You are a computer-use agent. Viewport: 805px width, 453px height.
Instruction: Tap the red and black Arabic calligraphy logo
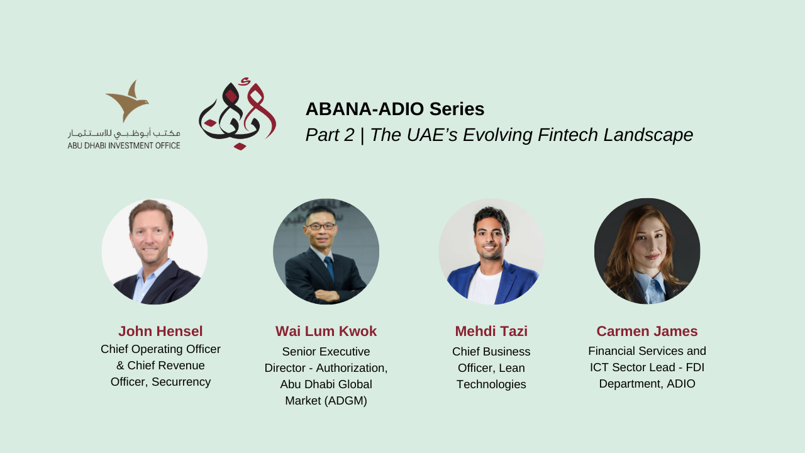click(x=238, y=114)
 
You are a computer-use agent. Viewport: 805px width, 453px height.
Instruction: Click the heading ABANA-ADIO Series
click(x=395, y=109)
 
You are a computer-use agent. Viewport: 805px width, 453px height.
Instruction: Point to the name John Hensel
click(x=160, y=331)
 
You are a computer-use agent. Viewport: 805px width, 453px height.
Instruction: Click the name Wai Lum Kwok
click(x=326, y=331)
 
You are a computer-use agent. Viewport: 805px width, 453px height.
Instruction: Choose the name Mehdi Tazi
click(x=491, y=331)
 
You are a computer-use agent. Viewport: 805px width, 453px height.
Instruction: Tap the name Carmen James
click(x=647, y=331)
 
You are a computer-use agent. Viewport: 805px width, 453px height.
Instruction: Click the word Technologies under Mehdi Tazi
click(x=491, y=384)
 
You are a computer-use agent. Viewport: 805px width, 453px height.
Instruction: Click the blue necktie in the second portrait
click(x=330, y=268)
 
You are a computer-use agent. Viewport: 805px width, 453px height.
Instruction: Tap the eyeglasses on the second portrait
click(x=321, y=226)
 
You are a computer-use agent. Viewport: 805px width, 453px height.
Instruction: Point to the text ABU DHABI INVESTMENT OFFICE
click(x=124, y=145)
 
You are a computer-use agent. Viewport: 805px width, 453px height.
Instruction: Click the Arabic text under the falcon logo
click(x=124, y=133)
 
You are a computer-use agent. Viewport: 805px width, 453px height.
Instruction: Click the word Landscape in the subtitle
click(x=648, y=135)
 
